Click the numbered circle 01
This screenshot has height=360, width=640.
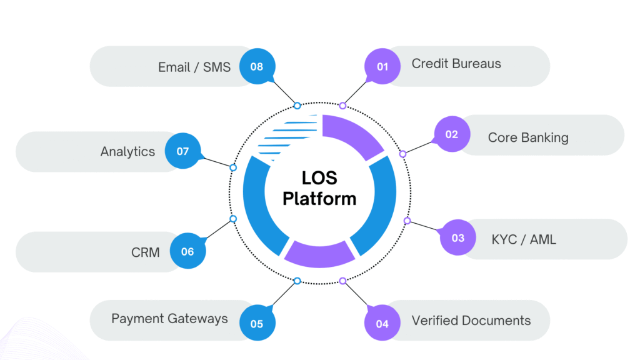(x=382, y=66)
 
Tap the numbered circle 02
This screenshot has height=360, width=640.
(x=452, y=134)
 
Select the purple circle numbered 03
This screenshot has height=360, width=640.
(x=458, y=237)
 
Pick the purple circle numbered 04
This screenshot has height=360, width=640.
(x=382, y=323)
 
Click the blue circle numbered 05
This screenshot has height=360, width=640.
(x=257, y=323)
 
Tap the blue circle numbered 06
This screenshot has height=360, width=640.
(x=187, y=252)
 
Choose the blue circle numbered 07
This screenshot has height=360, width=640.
(x=182, y=151)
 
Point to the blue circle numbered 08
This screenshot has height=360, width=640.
(x=257, y=66)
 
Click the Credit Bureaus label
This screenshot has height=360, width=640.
(x=456, y=64)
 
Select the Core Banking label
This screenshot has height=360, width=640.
(x=528, y=137)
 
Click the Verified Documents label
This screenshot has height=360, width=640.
(x=471, y=321)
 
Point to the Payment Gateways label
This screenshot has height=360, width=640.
(x=169, y=319)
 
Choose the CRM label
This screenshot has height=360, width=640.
(x=145, y=252)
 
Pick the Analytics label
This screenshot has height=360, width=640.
(x=127, y=151)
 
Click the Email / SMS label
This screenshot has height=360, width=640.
(x=194, y=67)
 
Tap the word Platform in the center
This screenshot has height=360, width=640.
(x=319, y=199)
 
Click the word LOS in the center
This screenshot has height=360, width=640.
(x=319, y=179)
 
